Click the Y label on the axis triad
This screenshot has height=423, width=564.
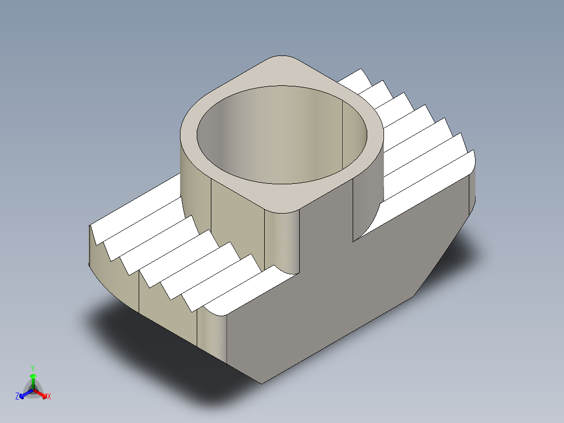pyautogui.click(x=32, y=368)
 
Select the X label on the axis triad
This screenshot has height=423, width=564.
pyautogui.click(x=49, y=397)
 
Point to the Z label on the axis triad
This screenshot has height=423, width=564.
pyautogui.click(x=17, y=397)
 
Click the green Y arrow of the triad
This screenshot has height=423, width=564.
pyautogui.click(x=32, y=380)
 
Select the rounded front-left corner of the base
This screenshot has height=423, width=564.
pyautogui.click(x=212, y=335)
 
